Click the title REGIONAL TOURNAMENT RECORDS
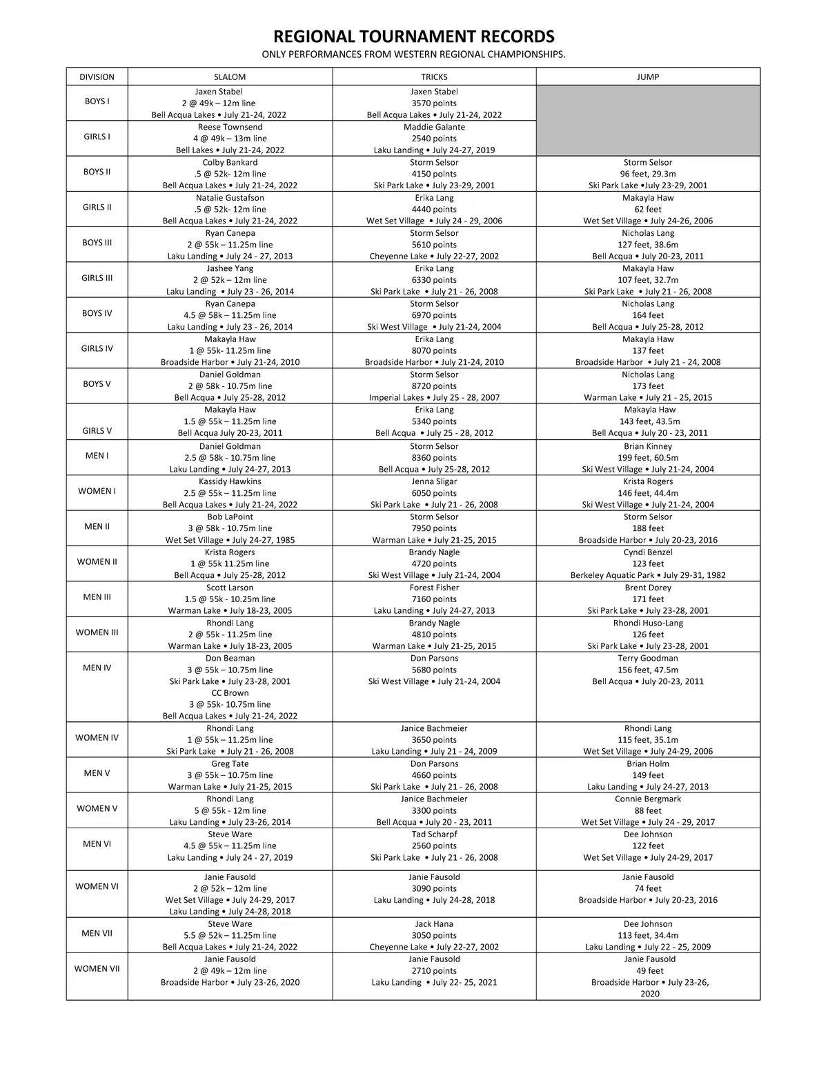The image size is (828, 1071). point(413,37)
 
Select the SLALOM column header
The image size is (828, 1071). point(230,77)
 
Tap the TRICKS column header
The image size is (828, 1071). point(434,77)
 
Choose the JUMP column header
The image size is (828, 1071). point(647,77)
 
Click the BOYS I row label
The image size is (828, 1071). point(97,101)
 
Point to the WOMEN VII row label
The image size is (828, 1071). point(97,968)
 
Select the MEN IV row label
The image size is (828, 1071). point(97,668)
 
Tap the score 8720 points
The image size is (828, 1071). point(434,386)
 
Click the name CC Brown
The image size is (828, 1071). point(230,693)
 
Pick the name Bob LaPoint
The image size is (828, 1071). point(230,517)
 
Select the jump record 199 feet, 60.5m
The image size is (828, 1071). point(647,457)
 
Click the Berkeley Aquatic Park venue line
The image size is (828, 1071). point(647,575)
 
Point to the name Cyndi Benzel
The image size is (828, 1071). point(647,552)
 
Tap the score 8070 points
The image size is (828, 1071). point(434,350)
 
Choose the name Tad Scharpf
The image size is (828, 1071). point(434,834)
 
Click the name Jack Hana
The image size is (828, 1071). point(434,924)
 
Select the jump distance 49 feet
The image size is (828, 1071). point(647,970)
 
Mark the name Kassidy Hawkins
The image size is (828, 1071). point(230,481)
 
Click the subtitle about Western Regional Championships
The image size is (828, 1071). point(413,54)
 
